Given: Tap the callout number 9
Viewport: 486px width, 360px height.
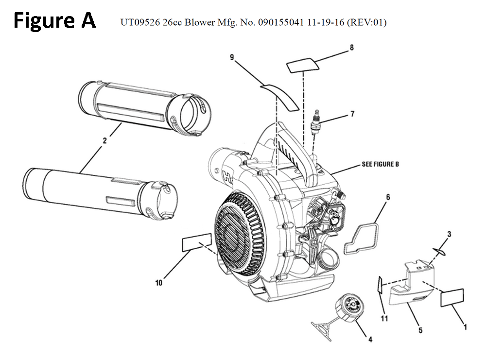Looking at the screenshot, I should pos(232,57).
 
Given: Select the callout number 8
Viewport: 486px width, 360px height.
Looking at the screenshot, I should pos(351,48).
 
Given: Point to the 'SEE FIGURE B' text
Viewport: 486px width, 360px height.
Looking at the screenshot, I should pos(380,164).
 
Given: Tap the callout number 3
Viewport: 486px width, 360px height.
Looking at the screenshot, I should pos(449,234).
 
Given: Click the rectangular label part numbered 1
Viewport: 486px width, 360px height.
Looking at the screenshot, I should pos(452,297).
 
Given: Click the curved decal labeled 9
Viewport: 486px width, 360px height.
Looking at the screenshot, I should pos(280,96).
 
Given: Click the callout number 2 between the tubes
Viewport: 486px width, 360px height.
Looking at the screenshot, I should pos(104,141).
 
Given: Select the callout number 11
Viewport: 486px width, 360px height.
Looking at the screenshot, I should pos(384,319).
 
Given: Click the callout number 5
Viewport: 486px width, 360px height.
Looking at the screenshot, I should pos(420,331).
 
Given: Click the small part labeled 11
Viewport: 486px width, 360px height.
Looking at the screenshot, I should pos(380,285).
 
